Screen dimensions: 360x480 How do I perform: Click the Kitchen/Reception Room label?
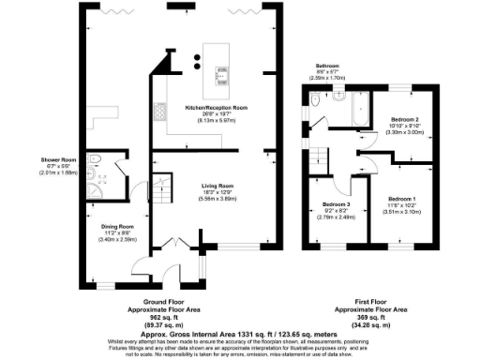click(215, 108)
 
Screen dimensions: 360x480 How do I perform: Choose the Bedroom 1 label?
click(401, 198)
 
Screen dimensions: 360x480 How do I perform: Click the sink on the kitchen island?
click(225, 76)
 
